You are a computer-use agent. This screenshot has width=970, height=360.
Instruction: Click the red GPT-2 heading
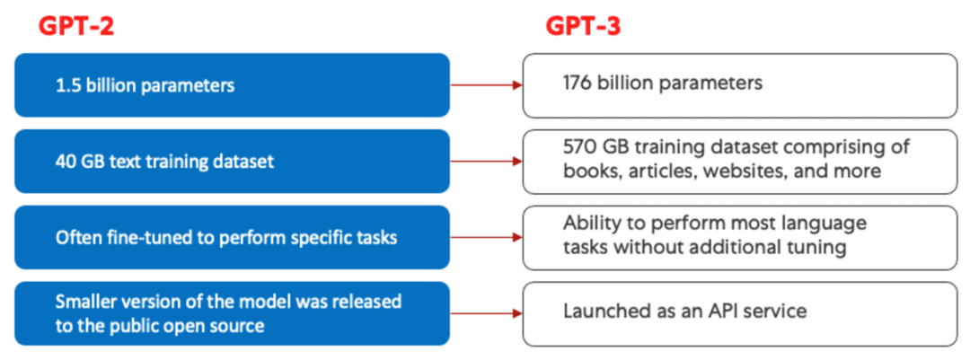click(76, 26)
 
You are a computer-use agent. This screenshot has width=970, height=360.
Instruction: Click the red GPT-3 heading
click(584, 26)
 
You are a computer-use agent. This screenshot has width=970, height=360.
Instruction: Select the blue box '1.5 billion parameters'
click(232, 85)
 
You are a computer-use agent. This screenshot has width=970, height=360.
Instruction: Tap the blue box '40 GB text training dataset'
click(232, 162)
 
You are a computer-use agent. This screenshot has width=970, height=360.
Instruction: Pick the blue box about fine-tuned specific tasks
click(232, 238)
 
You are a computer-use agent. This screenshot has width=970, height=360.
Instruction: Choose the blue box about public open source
click(232, 313)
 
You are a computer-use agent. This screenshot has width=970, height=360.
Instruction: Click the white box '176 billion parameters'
click(740, 85)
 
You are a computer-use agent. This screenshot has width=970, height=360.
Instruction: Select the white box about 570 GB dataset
click(740, 162)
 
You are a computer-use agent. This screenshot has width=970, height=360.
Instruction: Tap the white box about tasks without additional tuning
click(740, 238)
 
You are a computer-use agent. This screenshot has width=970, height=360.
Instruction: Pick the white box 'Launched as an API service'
click(740, 313)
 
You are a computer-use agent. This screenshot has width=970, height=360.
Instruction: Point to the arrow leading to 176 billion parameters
click(486, 85)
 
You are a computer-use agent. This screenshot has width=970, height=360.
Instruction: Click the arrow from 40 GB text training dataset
click(486, 162)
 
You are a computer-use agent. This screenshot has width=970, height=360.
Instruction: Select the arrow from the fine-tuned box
click(486, 238)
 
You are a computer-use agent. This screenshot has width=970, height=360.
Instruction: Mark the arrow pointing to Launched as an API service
click(486, 313)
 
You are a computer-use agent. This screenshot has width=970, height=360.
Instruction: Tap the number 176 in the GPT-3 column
click(578, 83)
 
